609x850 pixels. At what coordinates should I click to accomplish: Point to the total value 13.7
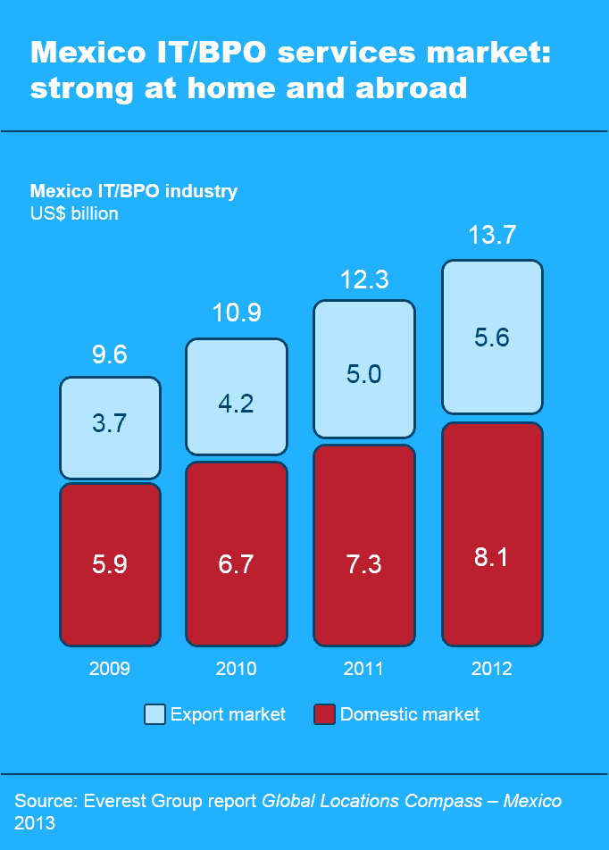click(492, 236)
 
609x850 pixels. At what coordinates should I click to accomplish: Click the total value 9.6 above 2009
click(110, 354)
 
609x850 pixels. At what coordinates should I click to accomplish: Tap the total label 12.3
click(363, 279)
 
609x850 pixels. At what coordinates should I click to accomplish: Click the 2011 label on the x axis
click(363, 669)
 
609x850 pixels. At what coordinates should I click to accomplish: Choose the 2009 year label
click(110, 669)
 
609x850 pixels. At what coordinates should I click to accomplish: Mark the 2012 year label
click(492, 669)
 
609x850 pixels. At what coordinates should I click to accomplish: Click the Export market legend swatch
click(154, 714)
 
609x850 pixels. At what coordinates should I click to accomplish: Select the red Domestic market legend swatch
click(324, 714)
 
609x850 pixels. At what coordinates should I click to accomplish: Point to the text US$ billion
click(74, 213)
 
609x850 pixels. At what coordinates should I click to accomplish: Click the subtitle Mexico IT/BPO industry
click(134, 191)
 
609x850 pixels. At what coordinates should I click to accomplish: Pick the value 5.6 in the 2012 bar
click(492, 337)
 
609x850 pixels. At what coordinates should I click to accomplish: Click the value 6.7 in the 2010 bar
click(236, 563)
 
